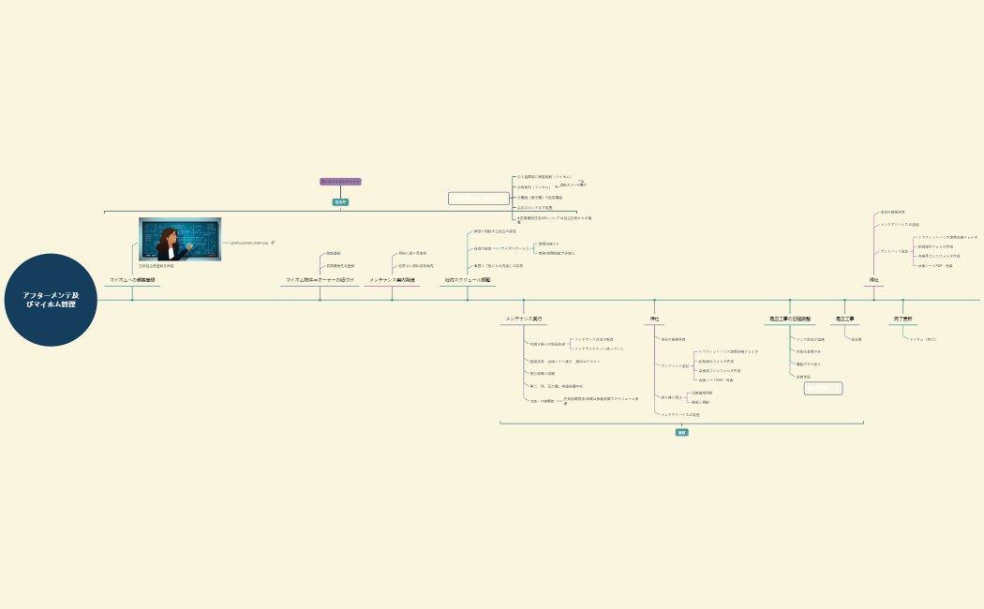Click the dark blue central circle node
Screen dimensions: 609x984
point(51,300)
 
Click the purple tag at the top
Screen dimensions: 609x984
point(340,182)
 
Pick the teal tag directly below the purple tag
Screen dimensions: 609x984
point(340,201)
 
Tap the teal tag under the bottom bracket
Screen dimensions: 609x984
point(682,433)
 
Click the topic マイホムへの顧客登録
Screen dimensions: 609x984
point(132,280)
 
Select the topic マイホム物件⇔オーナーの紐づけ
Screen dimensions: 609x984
point(320,280)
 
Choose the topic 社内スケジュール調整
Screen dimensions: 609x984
point(468,280)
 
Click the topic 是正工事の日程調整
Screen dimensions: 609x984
point(790,319)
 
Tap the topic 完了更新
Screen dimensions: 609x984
point(903,319)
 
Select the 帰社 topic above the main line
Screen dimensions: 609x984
point(874,280)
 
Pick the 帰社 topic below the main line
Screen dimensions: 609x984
point(655,319)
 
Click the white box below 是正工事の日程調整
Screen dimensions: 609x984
point(823,388)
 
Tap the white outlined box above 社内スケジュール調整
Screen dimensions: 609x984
point(478,199)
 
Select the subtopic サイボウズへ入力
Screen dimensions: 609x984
point(516,248)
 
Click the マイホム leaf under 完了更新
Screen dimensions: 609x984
point(923,339)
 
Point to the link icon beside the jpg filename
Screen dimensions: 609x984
point(273,243)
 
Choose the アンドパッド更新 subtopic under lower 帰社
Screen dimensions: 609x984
point(675,365)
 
